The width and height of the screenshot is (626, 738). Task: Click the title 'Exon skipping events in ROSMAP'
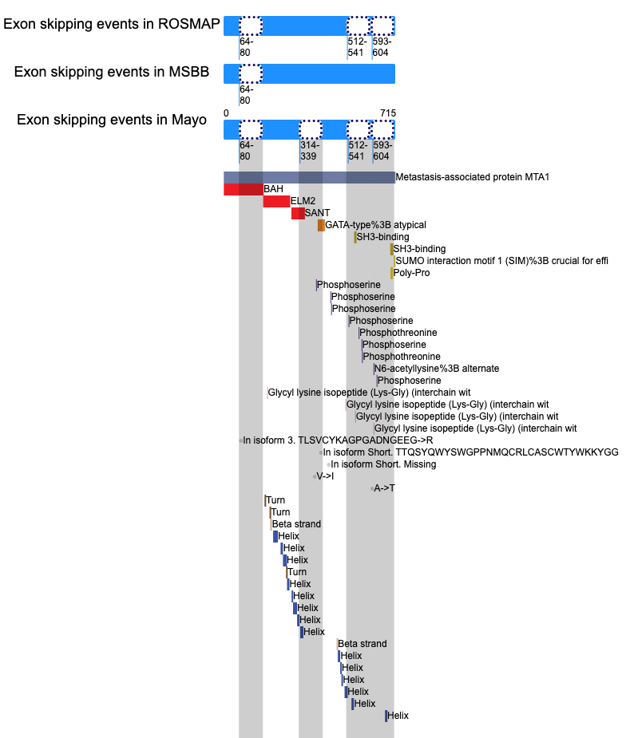point(112,24)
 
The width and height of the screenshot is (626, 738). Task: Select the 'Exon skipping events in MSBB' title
point(112,72)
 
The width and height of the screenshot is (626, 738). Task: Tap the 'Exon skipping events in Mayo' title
point(112,120)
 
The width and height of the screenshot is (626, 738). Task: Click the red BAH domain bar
point(243,189)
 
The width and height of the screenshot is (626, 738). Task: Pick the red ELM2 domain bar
point(276,201)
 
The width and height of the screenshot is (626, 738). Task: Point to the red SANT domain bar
point(298,213)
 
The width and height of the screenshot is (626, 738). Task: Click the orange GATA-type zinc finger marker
point(321,226)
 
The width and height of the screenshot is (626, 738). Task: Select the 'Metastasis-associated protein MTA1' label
point(473,177)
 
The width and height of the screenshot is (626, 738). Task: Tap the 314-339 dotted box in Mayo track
point(311,129)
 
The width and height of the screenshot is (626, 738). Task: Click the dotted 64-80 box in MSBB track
point(251,74)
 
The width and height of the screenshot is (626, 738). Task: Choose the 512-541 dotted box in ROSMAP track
point(358,26)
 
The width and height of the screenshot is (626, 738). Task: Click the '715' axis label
point(388,113)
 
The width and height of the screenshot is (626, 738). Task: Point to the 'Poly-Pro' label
point(412,273)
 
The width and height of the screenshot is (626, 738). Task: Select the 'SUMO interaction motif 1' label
point(501,261)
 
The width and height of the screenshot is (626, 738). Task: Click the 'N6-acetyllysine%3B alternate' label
point(437,369)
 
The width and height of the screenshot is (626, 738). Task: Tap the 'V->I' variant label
point(325,476)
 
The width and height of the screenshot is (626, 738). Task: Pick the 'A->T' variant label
point(384,488)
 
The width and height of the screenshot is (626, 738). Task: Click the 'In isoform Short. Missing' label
point(383,464)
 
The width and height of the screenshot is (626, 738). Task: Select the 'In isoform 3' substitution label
point(338,440)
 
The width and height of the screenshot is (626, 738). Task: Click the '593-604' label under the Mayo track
point(382,151)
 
